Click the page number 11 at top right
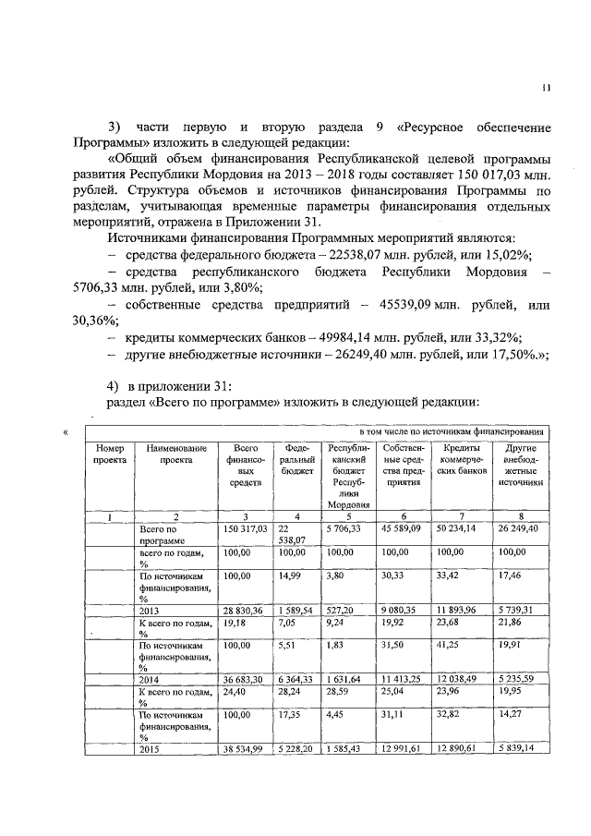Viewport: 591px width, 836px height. [546, 89]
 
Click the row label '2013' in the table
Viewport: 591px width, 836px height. [151, 611]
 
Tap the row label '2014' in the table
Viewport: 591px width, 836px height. [151, 679]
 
